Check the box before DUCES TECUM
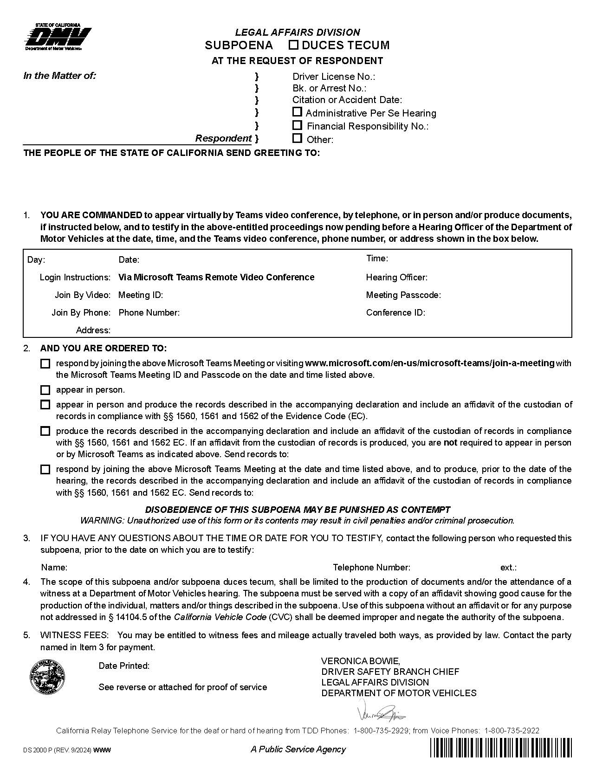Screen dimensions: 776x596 (x=293, y=45)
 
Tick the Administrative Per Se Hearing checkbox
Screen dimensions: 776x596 (x=298, y=112)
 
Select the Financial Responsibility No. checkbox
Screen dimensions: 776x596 (x=298, y=125)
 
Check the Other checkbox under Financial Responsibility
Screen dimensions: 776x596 (x=298, y=138)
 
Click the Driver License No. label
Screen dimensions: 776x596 (x=333, y=77)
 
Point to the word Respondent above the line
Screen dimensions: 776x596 (x=223, y=138)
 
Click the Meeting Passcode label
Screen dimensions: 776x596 (x=403, y=295)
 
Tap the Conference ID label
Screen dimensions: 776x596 (x=395, y=313)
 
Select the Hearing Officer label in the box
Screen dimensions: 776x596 (x=396, y=278)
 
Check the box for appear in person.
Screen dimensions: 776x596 (x=45, y=390)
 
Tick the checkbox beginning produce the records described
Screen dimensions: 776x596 (x=45, y=431)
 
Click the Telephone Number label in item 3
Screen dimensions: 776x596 (x=371, y=567)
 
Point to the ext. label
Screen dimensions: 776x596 (x=508, y=567)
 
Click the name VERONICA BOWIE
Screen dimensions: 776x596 (x=360, y=661)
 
